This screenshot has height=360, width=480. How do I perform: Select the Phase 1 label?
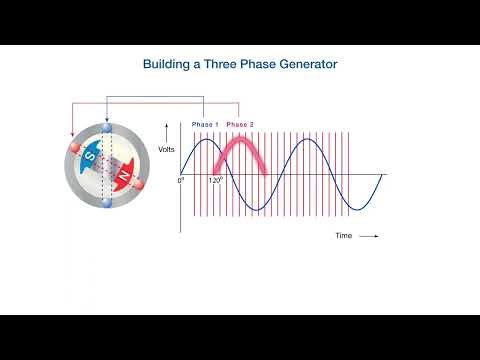coord(204,123)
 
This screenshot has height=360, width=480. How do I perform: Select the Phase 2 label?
coord(240,123)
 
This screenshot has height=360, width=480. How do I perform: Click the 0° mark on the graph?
coord(181,181)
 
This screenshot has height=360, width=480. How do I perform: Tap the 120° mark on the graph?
coord(213,181)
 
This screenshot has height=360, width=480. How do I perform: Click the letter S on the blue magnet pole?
coord(89,156)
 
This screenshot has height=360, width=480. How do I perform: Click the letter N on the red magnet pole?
coord(123,175)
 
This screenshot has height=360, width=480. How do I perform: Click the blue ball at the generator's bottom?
coord(106,203)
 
